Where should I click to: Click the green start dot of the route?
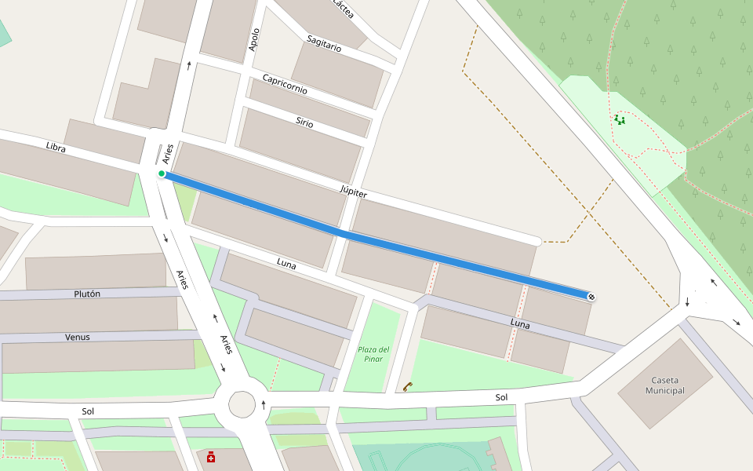click(x=161, y=173)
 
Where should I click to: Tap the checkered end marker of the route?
click(x=591, y=296)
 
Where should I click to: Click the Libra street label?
click(x=56, y=147)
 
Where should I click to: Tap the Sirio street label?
click(x=304, y=122)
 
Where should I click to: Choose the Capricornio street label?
click(x=285, y=85)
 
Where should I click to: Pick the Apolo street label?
click(x=253, y=40)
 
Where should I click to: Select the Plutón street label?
click(x=86, y=294)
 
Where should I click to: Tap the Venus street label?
click(x=77, y=338)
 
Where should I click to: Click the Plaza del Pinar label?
click(x=374, y=354)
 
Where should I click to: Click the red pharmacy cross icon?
click(x=211, y=457)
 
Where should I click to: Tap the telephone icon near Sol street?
click(x=408, y=385)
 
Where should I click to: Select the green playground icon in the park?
click(x=620, y=119)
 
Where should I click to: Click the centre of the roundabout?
click(x=242, y=405)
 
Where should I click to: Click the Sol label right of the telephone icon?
click(x=502, y=397)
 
